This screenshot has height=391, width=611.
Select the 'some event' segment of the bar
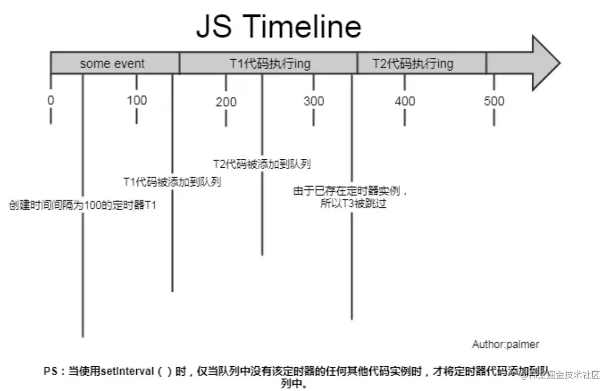[112, 64]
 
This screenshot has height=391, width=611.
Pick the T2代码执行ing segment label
[413, 64]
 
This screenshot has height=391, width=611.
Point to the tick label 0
[51, 100]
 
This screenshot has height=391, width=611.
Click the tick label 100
[137, 100]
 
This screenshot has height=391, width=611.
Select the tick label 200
[226, 102]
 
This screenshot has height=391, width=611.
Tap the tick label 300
[313, 101]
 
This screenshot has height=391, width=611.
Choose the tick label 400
[405, 101]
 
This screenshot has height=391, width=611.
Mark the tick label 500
[494, 101]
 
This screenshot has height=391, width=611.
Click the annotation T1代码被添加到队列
[172, 182]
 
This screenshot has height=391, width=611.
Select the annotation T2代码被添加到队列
[262, 164]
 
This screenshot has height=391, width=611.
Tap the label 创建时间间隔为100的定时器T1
[82, 205]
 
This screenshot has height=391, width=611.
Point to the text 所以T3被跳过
[353, 204]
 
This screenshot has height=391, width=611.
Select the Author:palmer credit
[505, 344]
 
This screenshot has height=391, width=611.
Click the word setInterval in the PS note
[128, 371]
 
